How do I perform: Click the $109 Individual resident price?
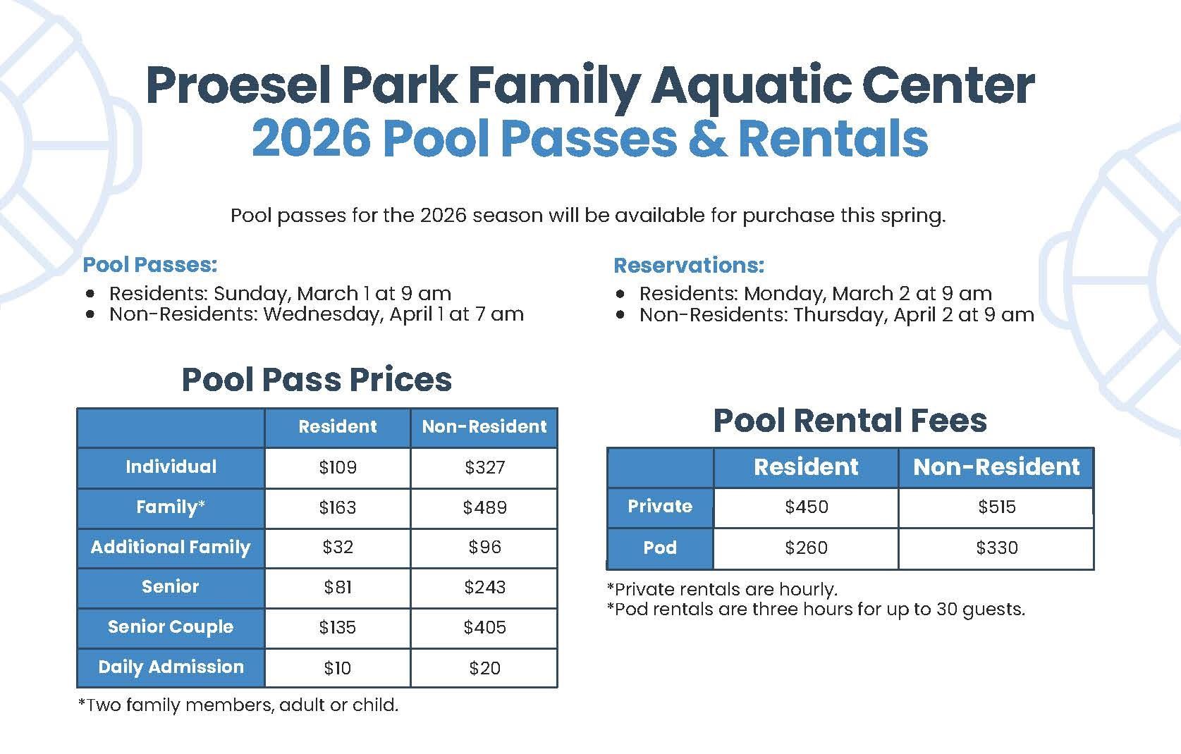[x=338, y=467]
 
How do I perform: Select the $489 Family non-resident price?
[x=484, y=507]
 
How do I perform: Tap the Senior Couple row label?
[x=171, y=627]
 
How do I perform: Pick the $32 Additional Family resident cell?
[x=338, y=548]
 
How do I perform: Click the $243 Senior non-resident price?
[x=484, y=587]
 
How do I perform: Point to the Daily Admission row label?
[x=171, y=667]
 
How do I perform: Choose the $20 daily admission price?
[x=484, y=668]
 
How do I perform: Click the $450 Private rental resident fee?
[x=806, y=507]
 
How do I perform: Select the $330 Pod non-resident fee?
[x=996, y=548]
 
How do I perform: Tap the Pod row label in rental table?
[x=660, y=548]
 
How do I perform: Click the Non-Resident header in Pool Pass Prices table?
[x=484, y=427]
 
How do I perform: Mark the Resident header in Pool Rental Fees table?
[x=806, y=467]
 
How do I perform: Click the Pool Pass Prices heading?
[x=317, y=380]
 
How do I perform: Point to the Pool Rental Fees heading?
[x=850, y=421]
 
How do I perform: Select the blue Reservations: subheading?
[x=689, y=266]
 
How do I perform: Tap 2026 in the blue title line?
[x=311, y=139]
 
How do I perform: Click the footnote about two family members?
[x=238, y=705]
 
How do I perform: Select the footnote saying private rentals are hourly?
[x=722, y=589]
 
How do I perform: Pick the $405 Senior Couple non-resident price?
[x=484, y=627]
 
